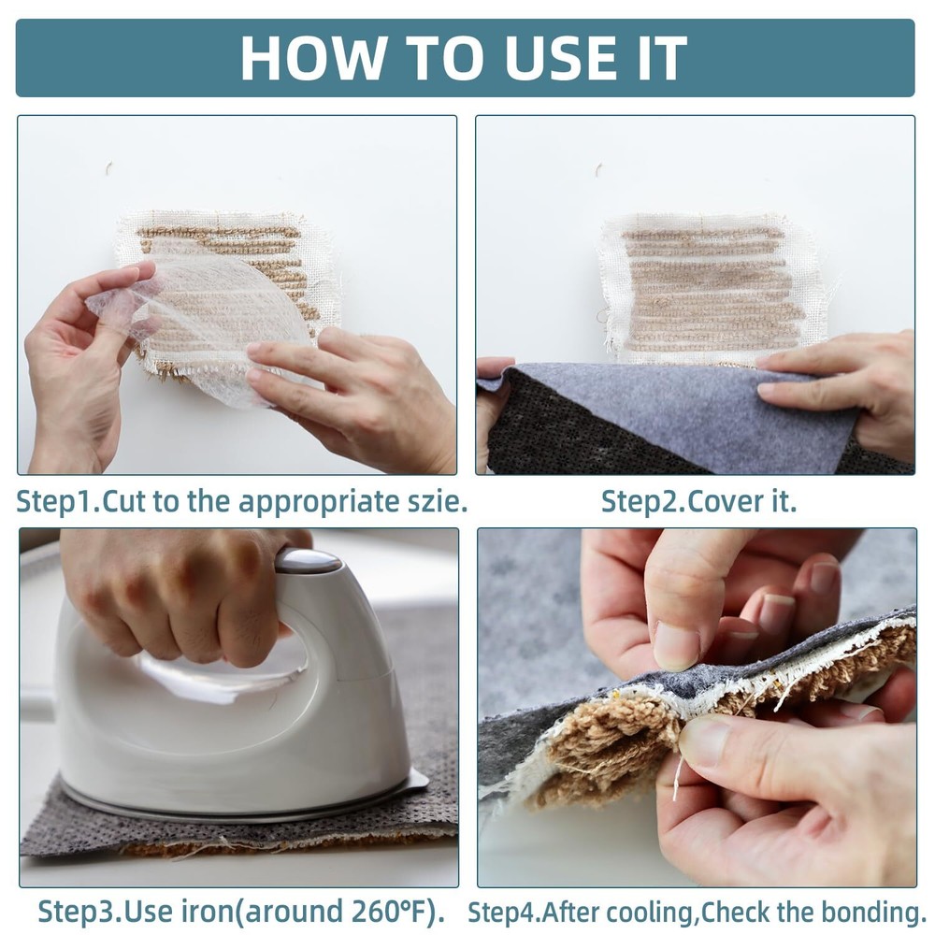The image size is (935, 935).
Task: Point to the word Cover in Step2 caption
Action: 724,501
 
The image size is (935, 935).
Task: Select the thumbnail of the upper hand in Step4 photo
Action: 676,646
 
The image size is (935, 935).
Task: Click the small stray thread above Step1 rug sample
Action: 108,167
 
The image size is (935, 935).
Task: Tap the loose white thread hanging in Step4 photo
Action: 677,778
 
